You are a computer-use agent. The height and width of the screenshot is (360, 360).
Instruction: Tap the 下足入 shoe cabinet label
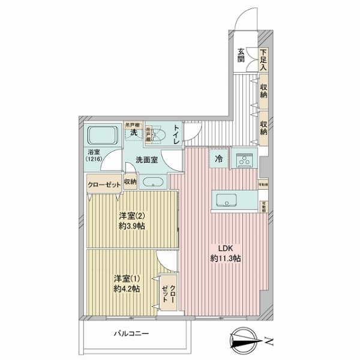point(263,60)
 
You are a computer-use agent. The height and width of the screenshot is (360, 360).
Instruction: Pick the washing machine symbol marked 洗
point(132,132)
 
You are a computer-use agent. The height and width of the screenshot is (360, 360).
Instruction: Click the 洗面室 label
point(146,160)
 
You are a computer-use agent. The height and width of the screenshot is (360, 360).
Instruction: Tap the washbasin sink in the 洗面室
point(152,182)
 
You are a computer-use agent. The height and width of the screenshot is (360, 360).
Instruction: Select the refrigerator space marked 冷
point(219,160)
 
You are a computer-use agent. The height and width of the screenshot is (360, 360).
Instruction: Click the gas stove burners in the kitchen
point(245,160)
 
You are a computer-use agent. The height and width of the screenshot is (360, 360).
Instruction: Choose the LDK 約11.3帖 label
point(226,253)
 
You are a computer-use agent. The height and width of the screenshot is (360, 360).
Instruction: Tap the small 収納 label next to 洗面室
point(130,182)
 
